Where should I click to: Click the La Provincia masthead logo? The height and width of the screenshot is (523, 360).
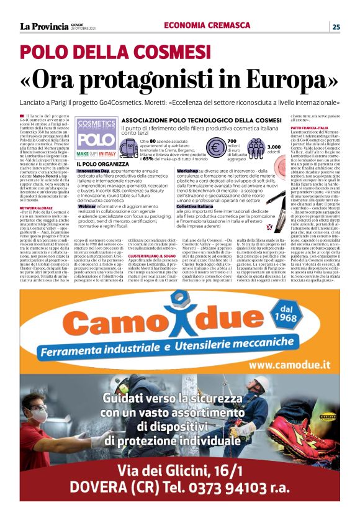(x=44, y=26)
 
